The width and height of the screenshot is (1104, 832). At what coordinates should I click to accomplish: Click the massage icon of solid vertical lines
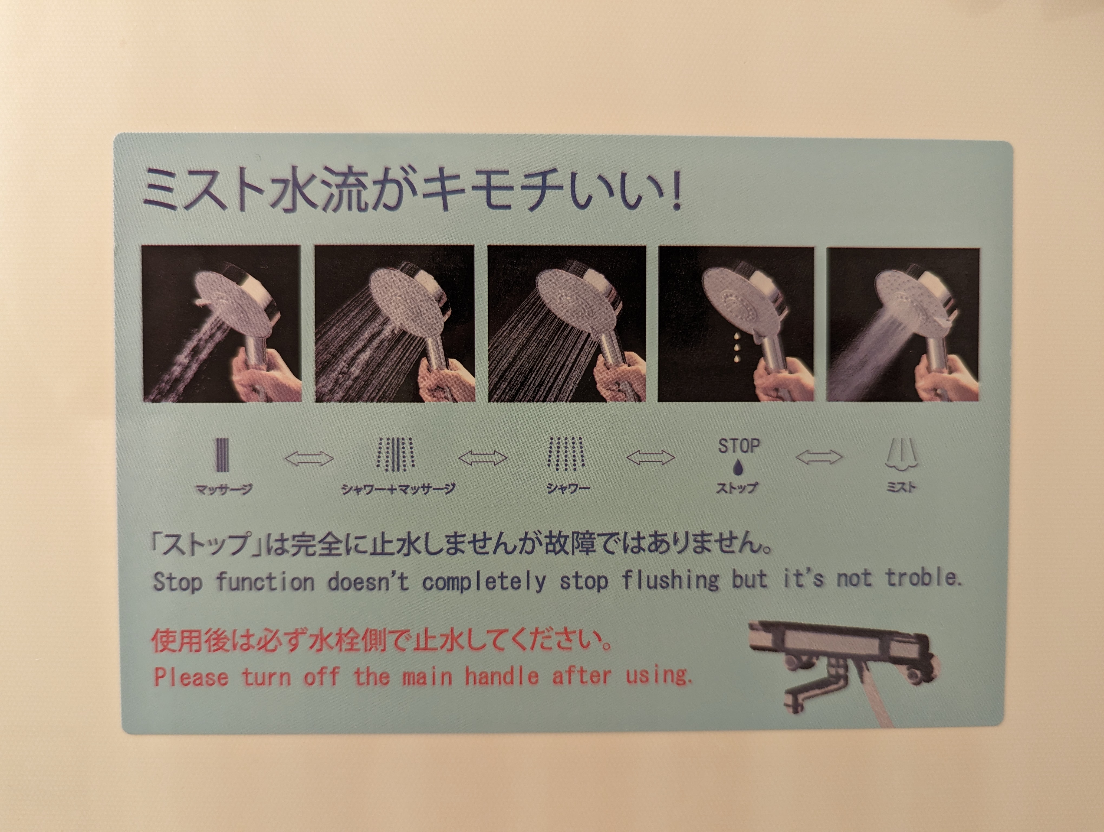223,455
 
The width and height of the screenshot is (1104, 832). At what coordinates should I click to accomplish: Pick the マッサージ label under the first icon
224,489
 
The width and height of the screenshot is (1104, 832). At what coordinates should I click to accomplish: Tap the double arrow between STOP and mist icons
819,456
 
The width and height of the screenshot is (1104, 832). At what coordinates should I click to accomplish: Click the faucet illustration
843,669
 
